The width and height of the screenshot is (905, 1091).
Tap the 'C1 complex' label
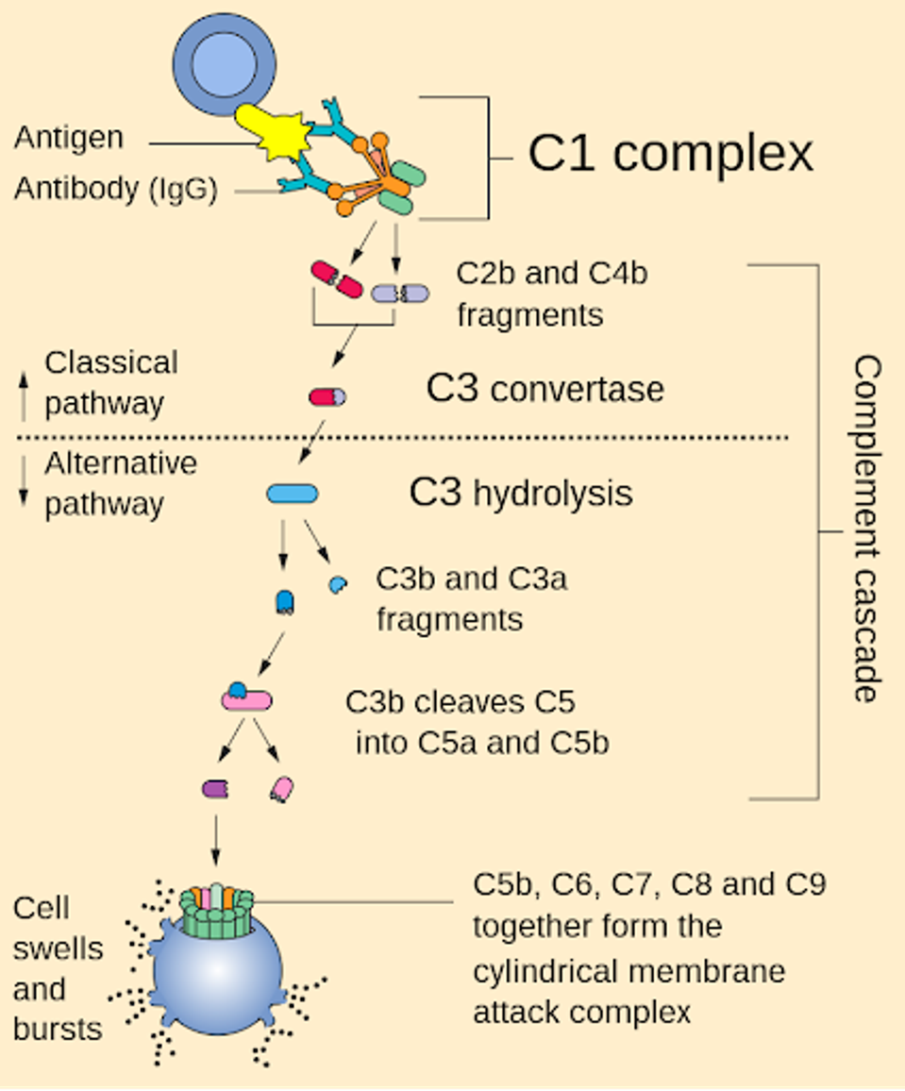click(670, 153)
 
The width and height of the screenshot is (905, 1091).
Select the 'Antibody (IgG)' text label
click(115, 189)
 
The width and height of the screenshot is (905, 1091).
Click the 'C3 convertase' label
click(545, 388)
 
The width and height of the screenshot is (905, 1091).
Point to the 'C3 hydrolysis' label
click(520, 493)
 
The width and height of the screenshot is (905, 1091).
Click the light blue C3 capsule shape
click(293, 494)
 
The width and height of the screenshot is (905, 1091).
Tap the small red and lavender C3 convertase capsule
click(327, 397)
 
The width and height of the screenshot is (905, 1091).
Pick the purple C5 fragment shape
click(215, 789)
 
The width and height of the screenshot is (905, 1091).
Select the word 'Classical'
click(111, 362)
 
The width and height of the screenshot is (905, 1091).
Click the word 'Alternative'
click(121, 463)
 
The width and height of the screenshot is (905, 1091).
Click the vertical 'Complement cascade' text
click(867, 529)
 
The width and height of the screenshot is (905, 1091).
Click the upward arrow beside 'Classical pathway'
click(24, 395)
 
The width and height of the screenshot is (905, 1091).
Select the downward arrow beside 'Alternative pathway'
click(24, 480)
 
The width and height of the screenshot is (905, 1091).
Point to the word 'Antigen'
click(69, 137)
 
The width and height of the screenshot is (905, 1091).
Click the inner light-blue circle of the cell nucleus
click(224, 65)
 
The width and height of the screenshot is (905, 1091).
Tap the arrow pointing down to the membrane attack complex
click(216, 841)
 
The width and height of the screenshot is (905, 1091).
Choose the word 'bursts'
click(58, 1029)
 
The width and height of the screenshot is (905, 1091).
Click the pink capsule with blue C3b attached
click(247, 697)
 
